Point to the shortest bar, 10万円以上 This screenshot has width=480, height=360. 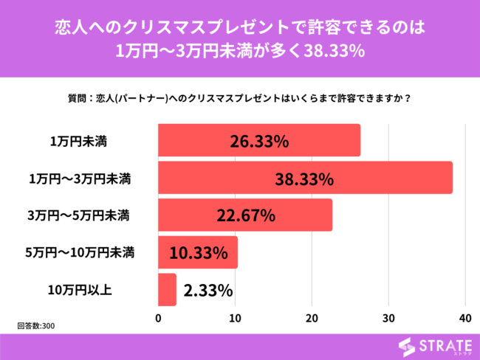point(168,289)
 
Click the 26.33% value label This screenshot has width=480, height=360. point(258,140)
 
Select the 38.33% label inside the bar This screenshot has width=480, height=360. point(304,178)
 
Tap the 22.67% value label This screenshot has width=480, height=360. point(245,215)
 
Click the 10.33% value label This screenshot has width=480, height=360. point(198,252)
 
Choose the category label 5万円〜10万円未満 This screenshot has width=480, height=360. point(79,252)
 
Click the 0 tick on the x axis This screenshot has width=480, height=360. point(159,318)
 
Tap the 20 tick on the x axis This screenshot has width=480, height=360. point(312,318)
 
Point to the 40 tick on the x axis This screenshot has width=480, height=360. point(464,318)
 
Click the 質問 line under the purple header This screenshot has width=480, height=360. point(239,97)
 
